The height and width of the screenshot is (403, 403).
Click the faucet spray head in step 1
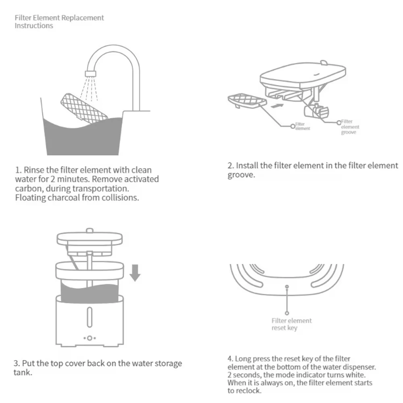coord(91,73)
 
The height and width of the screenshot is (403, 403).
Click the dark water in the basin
coord(81,137)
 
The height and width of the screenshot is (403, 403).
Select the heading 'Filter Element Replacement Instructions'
coord(59,22)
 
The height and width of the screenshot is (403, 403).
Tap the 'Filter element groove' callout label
coord(349,127)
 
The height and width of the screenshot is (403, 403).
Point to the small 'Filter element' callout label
coord(302,126)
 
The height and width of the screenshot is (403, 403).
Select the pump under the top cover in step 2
coord(316,110)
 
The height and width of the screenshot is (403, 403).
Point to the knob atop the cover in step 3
coord(90,231)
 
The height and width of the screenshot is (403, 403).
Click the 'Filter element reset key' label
coord(291,324)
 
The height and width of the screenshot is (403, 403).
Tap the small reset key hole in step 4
coord(287,287)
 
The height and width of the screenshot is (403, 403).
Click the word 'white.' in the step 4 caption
coord(356,375)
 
